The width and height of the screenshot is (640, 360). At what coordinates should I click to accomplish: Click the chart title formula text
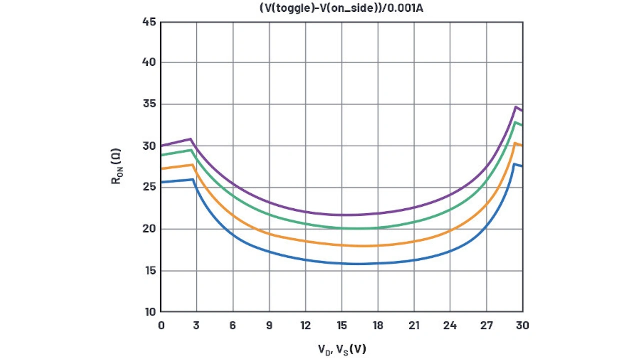[x=341, y=8]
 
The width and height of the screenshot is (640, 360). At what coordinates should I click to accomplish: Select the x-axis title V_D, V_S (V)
[x=342, y=349]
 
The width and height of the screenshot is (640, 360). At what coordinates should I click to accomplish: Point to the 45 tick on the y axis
[x=149, y=22]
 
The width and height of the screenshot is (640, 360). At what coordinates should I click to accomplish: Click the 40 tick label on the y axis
[x=149, y=62]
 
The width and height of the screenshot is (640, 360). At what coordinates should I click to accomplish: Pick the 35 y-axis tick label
[x=149, y=104]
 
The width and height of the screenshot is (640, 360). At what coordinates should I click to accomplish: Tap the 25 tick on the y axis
[x=149, y=187]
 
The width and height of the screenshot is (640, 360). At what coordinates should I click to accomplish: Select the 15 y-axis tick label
[x=149, y=271]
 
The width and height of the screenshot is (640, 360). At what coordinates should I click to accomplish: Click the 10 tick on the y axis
[x=149, y=312]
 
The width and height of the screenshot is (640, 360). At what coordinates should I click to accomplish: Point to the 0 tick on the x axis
[x=161, y=325]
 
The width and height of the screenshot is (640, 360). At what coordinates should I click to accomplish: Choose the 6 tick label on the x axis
[x=233, y=325]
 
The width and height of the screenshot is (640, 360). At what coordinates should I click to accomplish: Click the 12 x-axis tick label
[x=305, y=325]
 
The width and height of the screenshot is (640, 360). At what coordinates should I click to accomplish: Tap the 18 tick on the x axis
[x=378, y=325]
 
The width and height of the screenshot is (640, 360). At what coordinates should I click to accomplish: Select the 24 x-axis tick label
[x=450, y=325]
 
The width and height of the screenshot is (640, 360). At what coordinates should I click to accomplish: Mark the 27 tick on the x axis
[x=486, y=325]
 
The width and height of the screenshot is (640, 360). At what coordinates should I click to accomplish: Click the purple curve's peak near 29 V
[x=515, y=107]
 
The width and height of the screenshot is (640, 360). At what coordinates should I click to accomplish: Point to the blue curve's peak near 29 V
[x=514, y=164]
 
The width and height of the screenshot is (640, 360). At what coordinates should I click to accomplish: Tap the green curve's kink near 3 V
[x=191, y=150]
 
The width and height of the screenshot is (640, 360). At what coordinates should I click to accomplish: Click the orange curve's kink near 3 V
[x=192, y=165]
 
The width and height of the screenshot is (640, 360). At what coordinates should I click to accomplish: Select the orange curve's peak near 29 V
[x=515, y=143]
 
